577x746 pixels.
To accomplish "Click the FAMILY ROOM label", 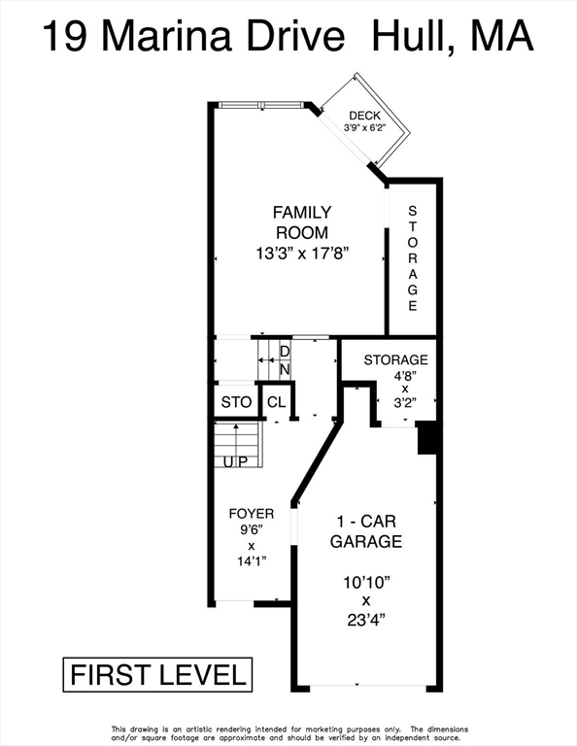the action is (302, 222).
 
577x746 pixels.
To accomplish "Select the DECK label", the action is (365, 116).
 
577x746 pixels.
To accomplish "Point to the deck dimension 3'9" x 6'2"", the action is (364, 127).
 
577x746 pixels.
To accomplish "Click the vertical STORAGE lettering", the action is (413, 258).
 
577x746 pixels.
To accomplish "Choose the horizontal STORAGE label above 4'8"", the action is (395, 360).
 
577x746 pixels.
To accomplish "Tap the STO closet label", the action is (236, 402).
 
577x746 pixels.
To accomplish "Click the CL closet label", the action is (277, 402).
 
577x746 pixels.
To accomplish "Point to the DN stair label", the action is (285, 360).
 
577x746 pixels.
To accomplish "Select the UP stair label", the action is (236, 461).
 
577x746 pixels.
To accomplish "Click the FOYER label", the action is (252, 514).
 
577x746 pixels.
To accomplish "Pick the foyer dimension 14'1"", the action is (252, 561).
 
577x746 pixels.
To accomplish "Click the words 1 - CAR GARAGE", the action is (366, 531).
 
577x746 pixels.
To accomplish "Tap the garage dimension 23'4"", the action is (366, 621).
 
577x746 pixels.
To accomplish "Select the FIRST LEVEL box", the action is (157, 675).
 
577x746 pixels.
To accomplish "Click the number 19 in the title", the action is (65, 36).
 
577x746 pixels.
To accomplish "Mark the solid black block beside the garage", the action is (427, 438).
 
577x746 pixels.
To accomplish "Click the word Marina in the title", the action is (166, 36).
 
